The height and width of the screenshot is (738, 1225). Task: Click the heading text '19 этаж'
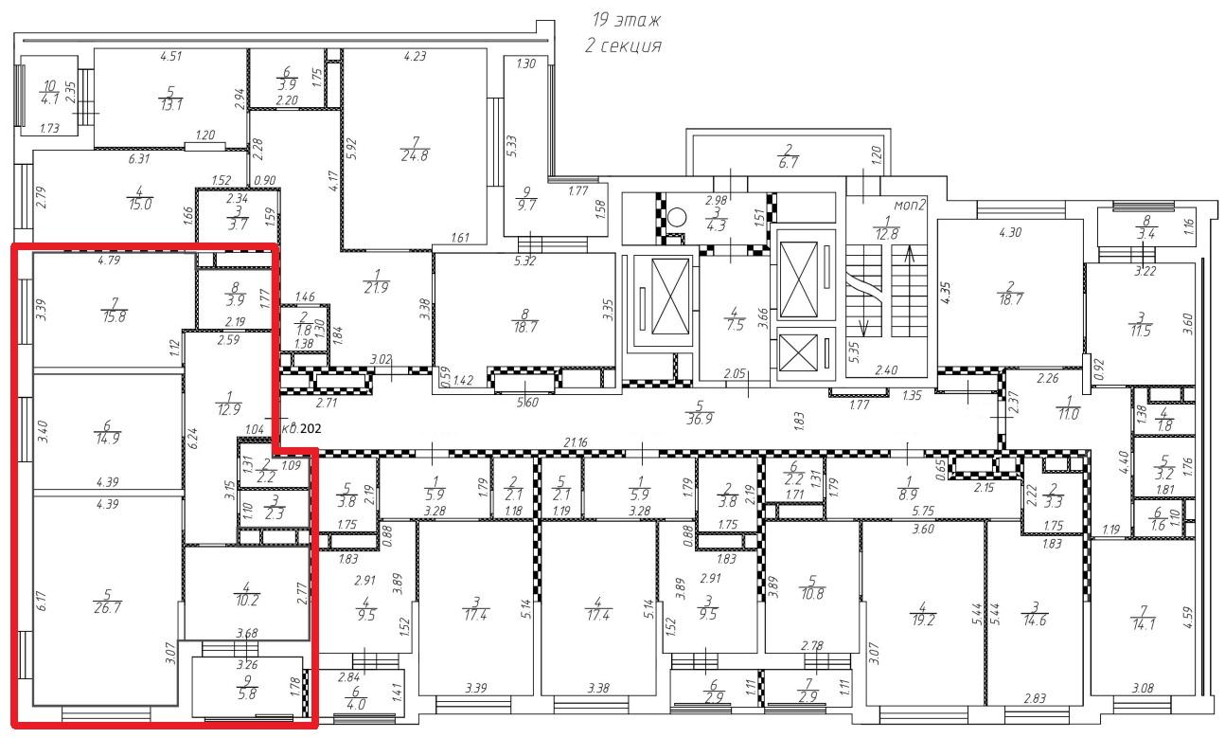click(627, 20)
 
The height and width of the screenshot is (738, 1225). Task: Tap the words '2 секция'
click(624, 45)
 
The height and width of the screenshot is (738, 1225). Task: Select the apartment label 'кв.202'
click(301, 428)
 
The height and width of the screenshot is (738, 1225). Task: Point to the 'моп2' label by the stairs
click(910, 206)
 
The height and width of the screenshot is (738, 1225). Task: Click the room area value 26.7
click(108, 608)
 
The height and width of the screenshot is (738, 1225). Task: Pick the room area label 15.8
click(114, 316)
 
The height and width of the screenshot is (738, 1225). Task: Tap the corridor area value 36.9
click(700, 420)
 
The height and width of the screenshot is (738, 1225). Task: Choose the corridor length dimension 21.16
click(576, 442)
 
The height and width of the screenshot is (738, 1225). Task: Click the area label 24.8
click(415, 156)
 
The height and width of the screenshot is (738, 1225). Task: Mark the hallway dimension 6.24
click(192, 439)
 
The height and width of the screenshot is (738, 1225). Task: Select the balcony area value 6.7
click(788, 163)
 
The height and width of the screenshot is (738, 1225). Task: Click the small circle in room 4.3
click(677, 218)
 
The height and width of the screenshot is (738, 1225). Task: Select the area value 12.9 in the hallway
click(228, 410)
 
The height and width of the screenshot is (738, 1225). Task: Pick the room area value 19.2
click(923, 621)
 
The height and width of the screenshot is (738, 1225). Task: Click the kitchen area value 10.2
click(246, 600)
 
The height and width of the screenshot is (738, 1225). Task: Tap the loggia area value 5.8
click(248, 694)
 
